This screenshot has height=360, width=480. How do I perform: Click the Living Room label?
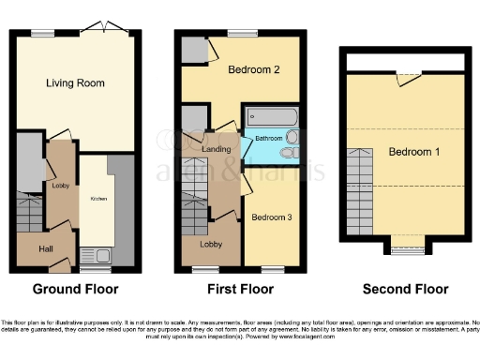click(75, 83)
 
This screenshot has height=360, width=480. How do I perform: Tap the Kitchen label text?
click(97, 199)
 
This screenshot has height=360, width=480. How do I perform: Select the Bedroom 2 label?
click(254, 70)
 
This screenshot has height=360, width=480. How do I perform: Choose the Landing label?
click(217, 148)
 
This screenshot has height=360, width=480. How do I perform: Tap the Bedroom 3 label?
click(272, 217)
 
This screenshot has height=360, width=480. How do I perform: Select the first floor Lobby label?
click(210, 246)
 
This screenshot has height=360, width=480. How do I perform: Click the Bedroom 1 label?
click(416, 152)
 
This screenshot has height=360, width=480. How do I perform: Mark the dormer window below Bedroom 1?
click(406, 250)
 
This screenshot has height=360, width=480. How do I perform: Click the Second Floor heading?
click(405, 289)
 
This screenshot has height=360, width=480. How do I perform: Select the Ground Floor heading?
click(75, 289)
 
